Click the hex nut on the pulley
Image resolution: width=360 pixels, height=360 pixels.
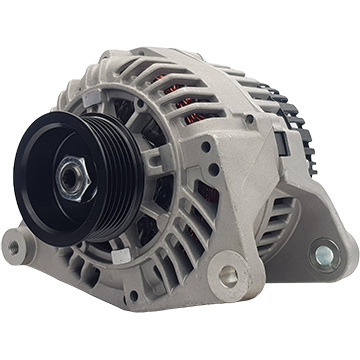coord(72,178)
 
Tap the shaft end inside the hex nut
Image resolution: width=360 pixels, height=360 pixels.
coord(71,178)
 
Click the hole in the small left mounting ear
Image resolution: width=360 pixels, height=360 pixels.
coord(13,244)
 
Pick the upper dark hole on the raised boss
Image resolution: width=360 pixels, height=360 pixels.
coord(205,147)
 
